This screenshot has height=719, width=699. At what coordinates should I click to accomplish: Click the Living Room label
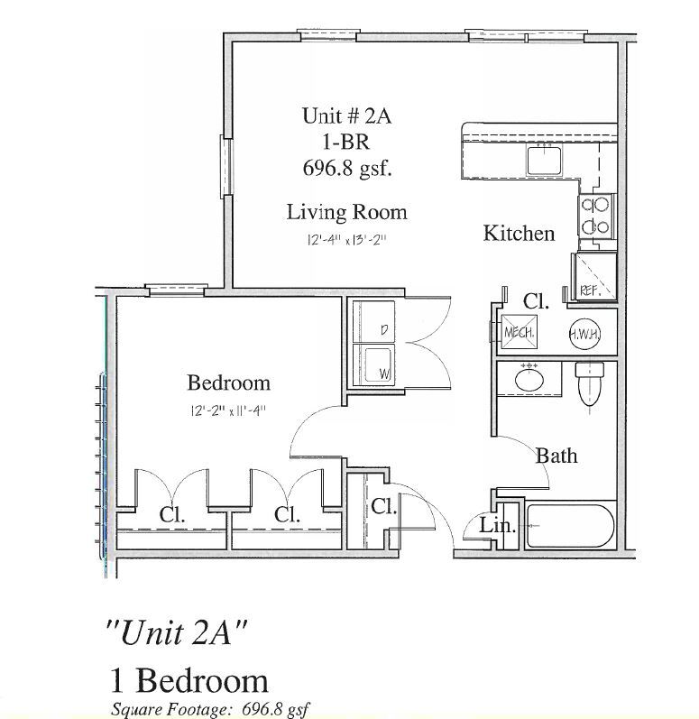(x=346, y=212)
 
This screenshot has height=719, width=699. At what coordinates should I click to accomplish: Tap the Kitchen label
(x=519, y=233)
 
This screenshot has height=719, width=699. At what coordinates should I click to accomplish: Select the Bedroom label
(x=228, y=383)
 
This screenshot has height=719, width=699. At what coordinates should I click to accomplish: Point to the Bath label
(x=556, y=455)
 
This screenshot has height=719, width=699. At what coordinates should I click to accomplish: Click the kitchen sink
(x=545, y=161)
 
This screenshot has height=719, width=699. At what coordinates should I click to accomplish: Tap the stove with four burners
(x=595, y=216)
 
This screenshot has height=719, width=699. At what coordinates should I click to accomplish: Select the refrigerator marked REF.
(x=594, y=276)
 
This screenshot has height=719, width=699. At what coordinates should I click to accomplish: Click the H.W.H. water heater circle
(x=584, y=333)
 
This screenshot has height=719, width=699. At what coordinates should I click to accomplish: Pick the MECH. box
(x=520, y=332)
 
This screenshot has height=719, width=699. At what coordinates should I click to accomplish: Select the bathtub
(x=570, y=525)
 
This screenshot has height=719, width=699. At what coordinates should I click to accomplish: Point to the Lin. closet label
(x=497, y=526)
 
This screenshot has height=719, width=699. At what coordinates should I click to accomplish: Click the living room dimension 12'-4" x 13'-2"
(x=346, y=242)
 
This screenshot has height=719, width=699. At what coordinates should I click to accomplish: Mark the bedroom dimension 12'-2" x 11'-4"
(x=228, y=410)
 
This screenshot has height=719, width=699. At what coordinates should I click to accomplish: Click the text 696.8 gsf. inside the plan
(x=346, y=167)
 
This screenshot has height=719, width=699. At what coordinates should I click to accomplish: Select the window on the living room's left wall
(x=225, y=167)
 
